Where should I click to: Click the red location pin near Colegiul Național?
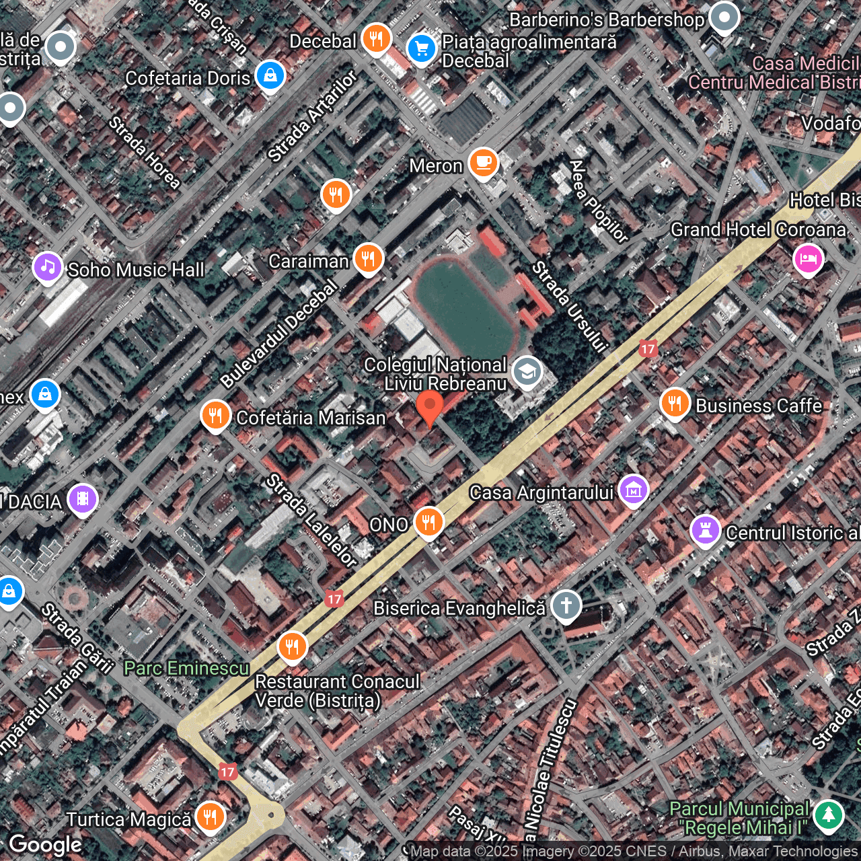tap(429, 407)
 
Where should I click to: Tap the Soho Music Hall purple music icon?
tap(47, 267)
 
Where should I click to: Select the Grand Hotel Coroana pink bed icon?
tap(808, 258)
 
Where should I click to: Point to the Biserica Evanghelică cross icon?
tap(566, 605)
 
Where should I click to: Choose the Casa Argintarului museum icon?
tap(633, 490)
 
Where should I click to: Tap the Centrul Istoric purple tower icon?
tap(705, 531)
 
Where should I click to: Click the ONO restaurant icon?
tap(428, 522)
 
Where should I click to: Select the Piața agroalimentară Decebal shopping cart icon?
tap(422, 48)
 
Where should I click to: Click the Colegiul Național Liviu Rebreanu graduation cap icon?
tap(527, 371)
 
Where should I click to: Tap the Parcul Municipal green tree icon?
tap(828, 815)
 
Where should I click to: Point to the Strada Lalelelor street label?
tap(311, 520)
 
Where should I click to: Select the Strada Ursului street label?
tap(570, 307)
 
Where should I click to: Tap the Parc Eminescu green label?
tap(187, 668)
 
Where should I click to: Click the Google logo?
tap(45, 845)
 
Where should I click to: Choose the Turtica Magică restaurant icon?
tap(210, 817)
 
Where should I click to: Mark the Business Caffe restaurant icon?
tap(675, 403)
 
